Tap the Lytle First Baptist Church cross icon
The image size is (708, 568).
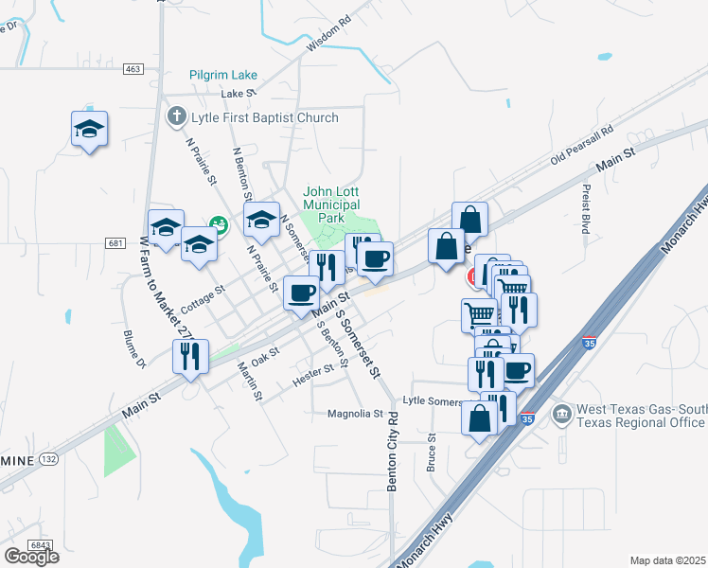(176, 117)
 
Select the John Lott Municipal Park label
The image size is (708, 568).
(331, 204)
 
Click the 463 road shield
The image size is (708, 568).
(133, 69)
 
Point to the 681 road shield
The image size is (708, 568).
(115, 243)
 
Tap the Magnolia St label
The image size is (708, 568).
(354, 414)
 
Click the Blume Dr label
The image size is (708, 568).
(134, 348)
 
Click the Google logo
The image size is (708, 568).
(31, 556)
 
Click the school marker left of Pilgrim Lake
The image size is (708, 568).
(89, 130)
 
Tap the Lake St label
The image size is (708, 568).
(239, 94)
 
